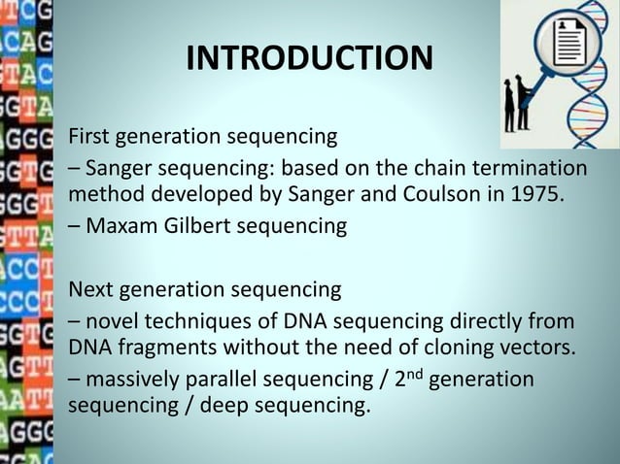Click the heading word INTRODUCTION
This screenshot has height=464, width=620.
coord(309,59)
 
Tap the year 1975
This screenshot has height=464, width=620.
coord(534,191)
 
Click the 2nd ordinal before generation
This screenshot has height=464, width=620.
coord(404,376)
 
